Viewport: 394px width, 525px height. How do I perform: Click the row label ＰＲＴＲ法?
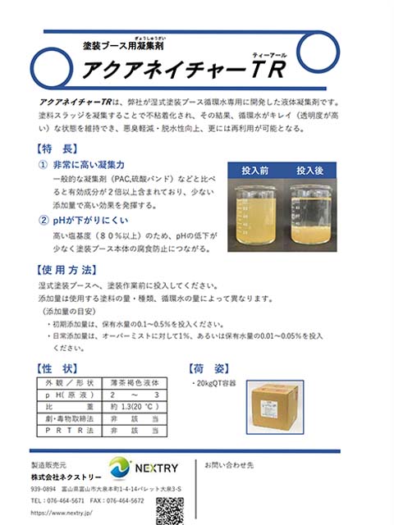(70, 429)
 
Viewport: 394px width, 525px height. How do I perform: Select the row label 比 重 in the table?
(70, 406)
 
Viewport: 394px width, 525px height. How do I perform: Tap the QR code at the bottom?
(169, 510)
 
